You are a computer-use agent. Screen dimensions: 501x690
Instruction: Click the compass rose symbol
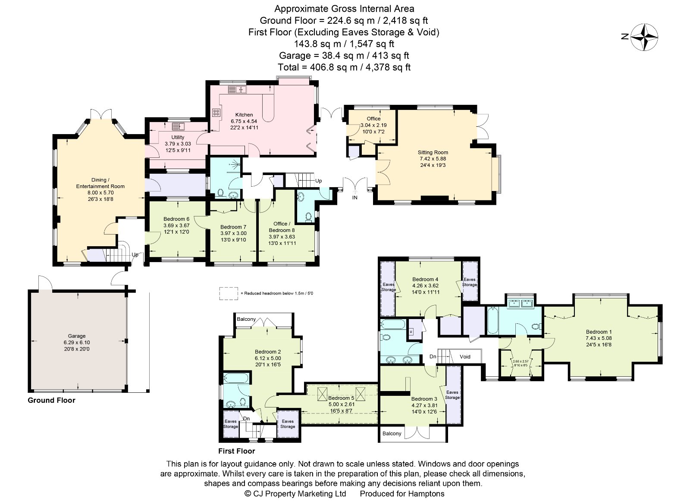tap(644, 37)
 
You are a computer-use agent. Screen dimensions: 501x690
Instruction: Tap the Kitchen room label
tap(244, 115)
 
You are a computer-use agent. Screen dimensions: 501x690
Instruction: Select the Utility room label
tap(178, 137)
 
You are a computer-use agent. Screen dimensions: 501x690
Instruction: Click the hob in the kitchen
tap(216, 113)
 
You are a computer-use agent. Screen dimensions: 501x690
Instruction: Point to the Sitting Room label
tap(433, 152)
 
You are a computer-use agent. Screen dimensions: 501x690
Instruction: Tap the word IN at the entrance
tap(355, 198)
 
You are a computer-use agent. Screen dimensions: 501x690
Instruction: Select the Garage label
tap(77, 336)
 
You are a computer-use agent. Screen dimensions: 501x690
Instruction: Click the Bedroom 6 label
tap(176, 219)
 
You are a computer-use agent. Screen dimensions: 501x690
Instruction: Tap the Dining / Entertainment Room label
tap(100, 183)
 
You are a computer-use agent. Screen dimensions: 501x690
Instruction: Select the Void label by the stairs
tap(465, 357)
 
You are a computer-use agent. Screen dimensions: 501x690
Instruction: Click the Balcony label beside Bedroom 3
tap(392, 434)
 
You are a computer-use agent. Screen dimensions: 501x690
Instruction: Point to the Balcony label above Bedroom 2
tap(246, 319)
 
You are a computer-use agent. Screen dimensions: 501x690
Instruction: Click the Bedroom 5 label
tap(341, 398)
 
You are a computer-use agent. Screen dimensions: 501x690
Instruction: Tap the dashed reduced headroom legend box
tap(228, 293)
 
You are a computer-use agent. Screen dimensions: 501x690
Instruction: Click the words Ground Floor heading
tap(51, 400)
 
